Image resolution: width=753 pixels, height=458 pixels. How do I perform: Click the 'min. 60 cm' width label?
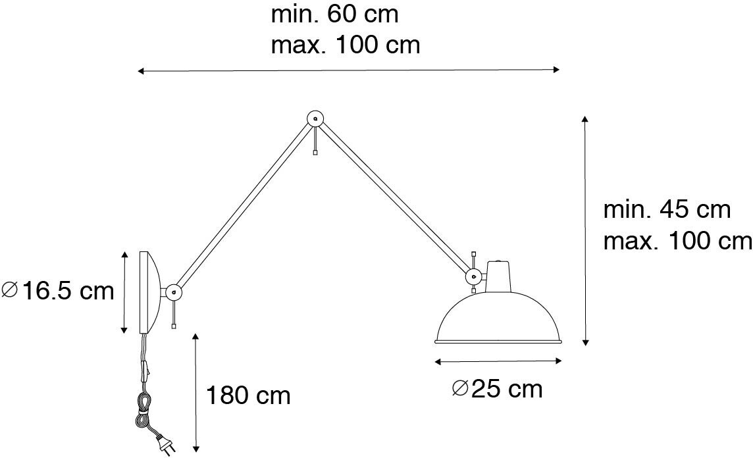tap(334, 14)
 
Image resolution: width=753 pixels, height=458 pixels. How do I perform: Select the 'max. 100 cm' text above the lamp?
tap(345, 45)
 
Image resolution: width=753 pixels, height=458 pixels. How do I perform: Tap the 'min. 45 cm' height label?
tap(667, 210)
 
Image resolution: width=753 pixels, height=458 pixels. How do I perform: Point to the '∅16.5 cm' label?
tap(59, 290)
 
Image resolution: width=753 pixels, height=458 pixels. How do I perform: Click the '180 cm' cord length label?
tap(248, 395)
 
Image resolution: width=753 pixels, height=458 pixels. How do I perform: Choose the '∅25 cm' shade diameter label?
tap(498, 389)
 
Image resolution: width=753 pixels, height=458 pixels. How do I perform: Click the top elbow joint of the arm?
tap(315, 119)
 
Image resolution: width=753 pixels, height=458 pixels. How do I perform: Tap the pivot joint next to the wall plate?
tap(174, 290)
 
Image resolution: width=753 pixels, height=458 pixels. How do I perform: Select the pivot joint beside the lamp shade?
tap(473, 277)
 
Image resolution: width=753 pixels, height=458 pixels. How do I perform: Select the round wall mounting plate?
tap(147, 292)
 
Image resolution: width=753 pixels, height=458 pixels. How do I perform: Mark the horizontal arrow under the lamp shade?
tap(498, 361)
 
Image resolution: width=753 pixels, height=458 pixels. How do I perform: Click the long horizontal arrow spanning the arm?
tap(348, 70)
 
